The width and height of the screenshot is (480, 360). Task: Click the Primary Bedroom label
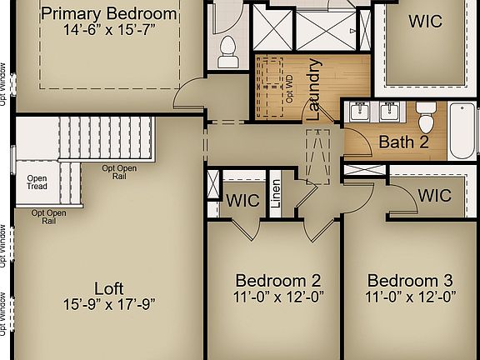(109, 14)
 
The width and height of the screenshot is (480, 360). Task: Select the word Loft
(108, 285)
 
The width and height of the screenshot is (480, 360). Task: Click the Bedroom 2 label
(277, 280)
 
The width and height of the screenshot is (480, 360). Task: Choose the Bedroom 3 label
(410, 280)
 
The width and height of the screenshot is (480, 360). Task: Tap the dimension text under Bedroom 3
(410, 297)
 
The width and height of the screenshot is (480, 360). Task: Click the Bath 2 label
(403, 142)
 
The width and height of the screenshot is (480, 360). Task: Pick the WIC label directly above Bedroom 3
(433, 196)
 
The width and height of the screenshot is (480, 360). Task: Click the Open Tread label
(37, 182)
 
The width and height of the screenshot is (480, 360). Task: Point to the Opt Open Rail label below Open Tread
(49, 217)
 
